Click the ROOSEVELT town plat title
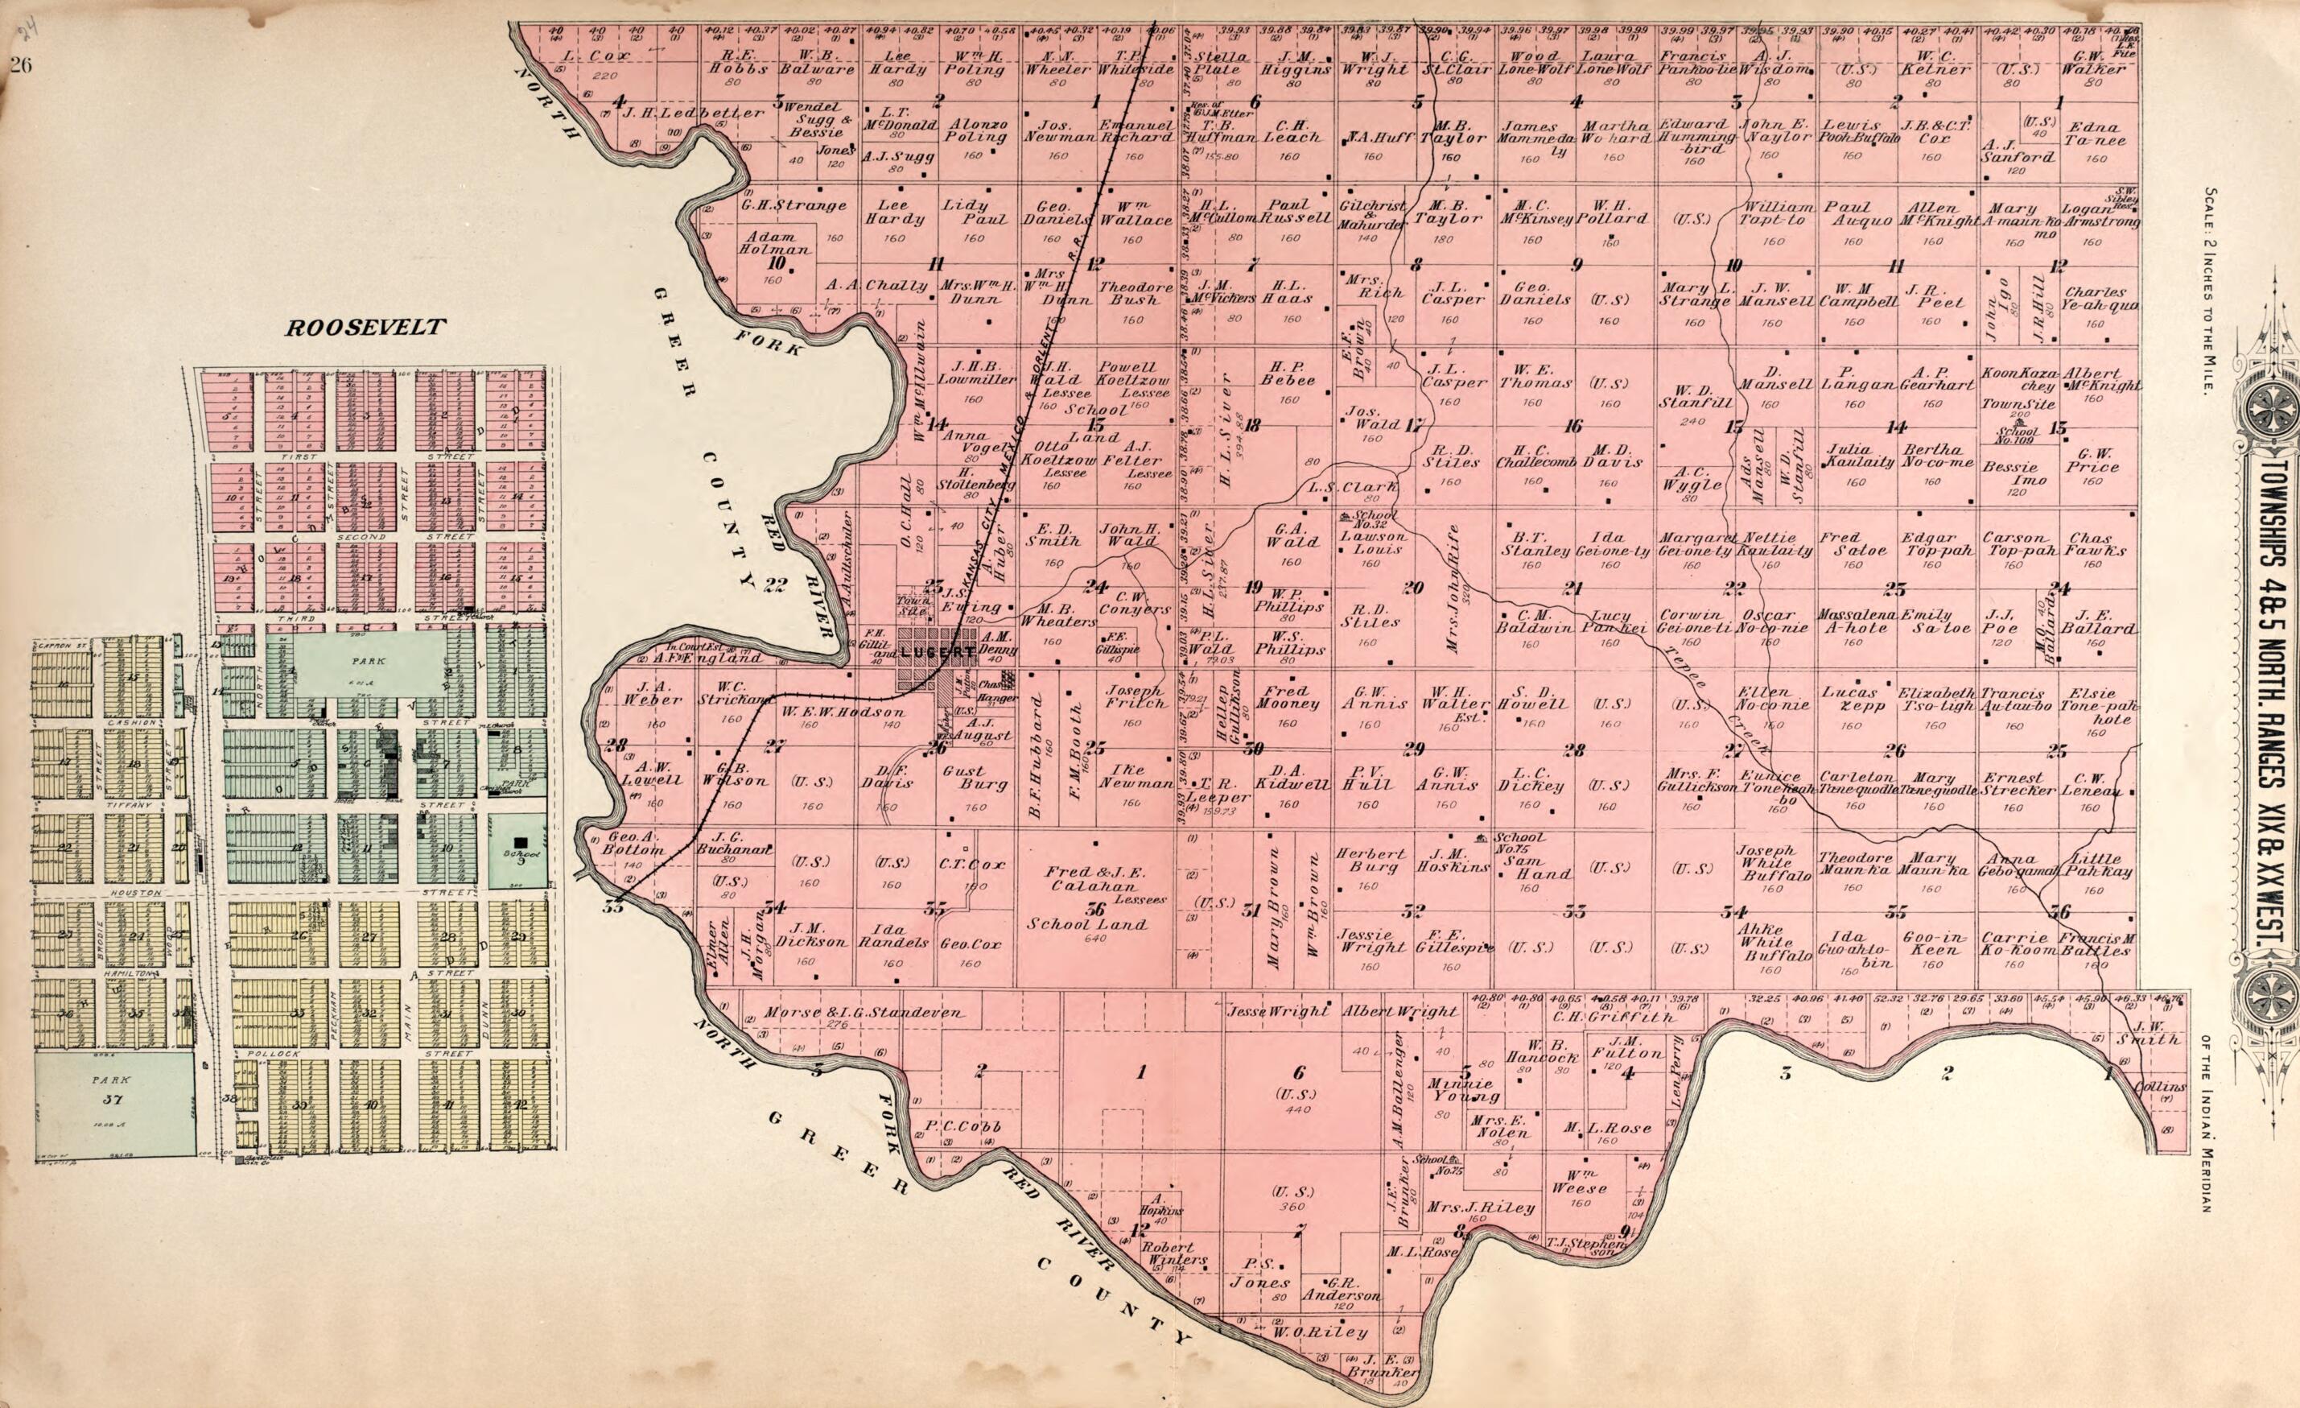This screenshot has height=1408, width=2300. click(x=366, y=328)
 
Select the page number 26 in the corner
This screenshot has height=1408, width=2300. click(x=23, y=64)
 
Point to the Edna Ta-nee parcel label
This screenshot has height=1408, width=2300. click(x=2088, y=134)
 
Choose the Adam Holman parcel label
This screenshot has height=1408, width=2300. click(x=776, y=244)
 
